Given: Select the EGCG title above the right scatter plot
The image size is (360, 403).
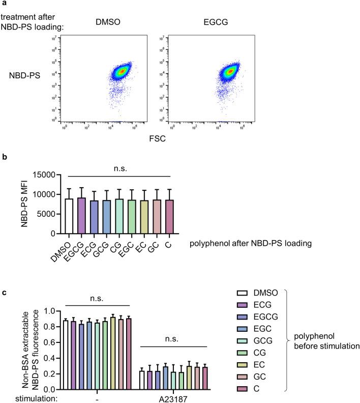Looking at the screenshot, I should coord(206,22).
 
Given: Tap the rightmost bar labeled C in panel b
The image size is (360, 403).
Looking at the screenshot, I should coord(170,217).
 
